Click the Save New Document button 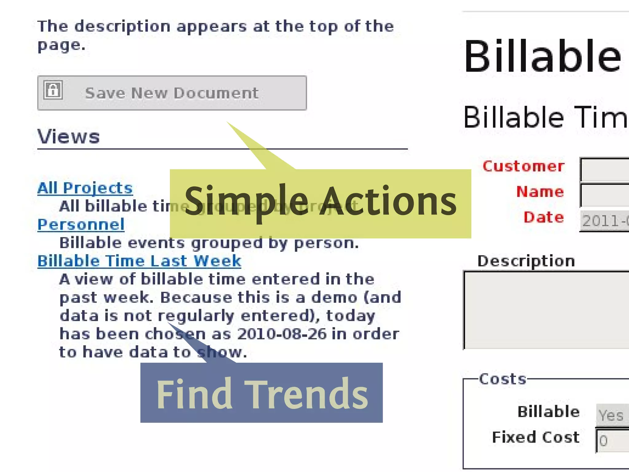point(172,93)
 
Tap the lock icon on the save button point(53,90)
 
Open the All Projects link point(85,188)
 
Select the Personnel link point(81,225)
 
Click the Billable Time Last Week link point(139,261)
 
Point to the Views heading point(68,136)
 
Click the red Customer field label point(523,166)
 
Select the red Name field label point(540,192)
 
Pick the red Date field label point(544,217)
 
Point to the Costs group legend point(503,379)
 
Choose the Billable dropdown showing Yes point(612,415)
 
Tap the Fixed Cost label point(536,437)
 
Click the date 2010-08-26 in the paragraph point(282,334)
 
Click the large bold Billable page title point(543,57)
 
